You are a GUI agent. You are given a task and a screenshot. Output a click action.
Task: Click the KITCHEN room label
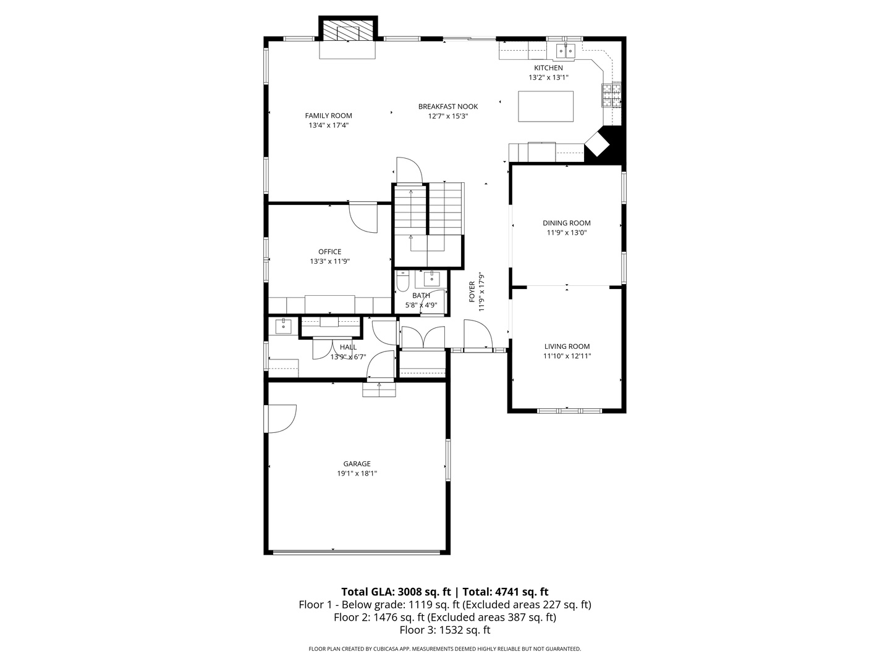tap(548, 68)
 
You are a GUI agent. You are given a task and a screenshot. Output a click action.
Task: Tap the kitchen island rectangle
tap(545, 106)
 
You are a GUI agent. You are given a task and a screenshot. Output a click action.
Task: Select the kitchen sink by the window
tap(566, 51)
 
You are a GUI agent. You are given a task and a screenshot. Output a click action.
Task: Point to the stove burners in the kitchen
tap(611, 94)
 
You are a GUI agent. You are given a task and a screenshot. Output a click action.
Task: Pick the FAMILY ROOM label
tap(328, 116)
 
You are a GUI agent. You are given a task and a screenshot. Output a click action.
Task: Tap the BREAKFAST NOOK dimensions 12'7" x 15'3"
tap(448, 116)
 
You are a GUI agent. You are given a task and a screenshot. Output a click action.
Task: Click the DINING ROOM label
tap(566, 223)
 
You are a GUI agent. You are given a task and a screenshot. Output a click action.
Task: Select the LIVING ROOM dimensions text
tap(567, 356)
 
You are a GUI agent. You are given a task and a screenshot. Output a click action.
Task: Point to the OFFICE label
tap(329, 252)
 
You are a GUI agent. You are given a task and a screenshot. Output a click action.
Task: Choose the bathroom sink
tap(432, 279)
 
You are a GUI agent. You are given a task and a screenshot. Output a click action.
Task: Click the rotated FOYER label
tap(472, 292)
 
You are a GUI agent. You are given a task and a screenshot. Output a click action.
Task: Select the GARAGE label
tap(357, 464)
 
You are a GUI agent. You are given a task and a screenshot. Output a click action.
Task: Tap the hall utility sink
tap(284, 327)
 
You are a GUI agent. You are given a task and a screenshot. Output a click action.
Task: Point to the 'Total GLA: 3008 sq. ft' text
tap(396, 592)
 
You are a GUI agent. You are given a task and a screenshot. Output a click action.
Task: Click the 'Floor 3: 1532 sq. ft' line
tap(445, 630)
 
